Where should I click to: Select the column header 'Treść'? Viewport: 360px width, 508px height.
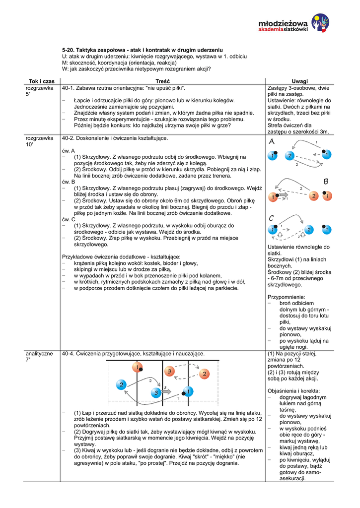click(162, 81)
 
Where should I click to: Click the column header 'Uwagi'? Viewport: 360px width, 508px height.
click(299, 81)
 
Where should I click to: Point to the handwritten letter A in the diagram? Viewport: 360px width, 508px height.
click(272, 142)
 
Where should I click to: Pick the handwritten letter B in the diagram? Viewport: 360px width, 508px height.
click(326, 182)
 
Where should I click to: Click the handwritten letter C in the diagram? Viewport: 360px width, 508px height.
click(272, 218)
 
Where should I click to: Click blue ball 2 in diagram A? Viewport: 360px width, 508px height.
click(289, 156)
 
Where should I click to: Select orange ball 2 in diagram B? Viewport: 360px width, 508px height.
click(314, 196)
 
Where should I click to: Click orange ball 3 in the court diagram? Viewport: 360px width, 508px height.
click(169, 371)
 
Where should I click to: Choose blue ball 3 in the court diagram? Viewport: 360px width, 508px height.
click(155, 393)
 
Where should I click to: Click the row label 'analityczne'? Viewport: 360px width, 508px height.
click(39, 354)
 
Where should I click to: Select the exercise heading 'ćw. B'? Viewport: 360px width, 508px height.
click(69, 182)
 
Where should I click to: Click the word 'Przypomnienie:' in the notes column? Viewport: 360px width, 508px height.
click(287, 296)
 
